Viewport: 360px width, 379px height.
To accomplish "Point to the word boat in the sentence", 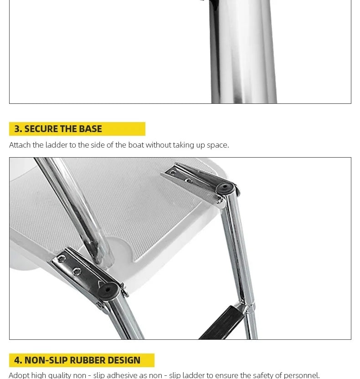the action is (136, 145).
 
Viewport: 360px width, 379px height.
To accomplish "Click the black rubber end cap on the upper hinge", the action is (225, 188).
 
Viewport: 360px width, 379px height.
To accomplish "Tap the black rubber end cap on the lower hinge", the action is (108, 290).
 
